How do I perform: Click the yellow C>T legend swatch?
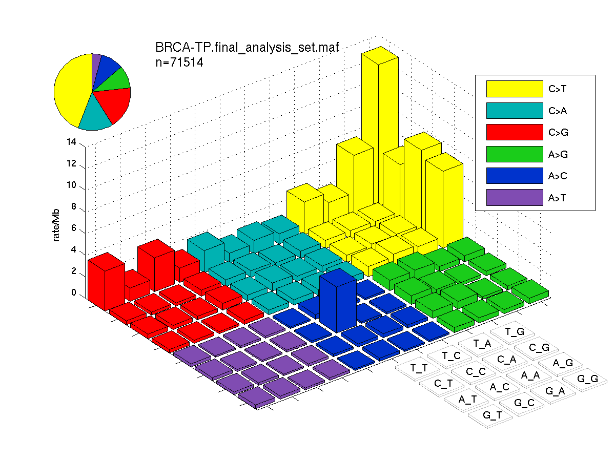point(515,89)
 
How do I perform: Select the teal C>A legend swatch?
point(515,111)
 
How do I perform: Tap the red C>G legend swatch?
point(515,132)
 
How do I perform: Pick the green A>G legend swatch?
point(515,154)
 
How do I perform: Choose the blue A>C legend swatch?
point(515,176)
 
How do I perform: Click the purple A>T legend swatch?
point(515,198)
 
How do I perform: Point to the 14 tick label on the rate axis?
point(71,142)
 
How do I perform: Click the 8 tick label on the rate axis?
point(74,206)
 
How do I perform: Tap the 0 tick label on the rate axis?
point(74,292)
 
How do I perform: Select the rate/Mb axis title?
point(56,225)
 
